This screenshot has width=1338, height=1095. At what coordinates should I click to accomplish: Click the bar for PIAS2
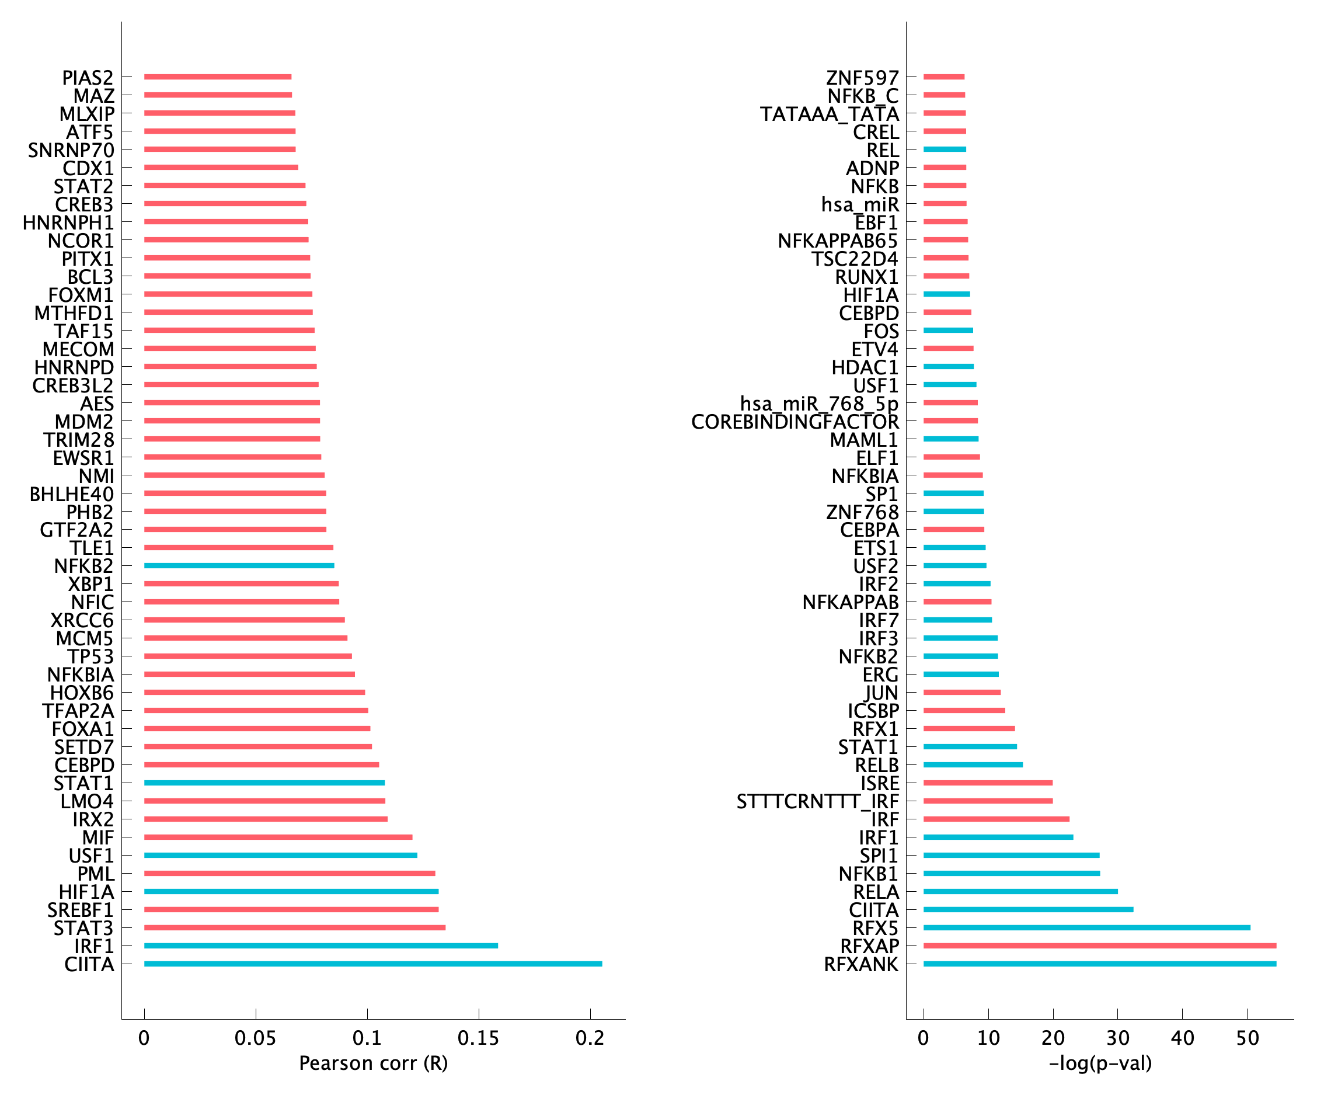[x=218, y=77]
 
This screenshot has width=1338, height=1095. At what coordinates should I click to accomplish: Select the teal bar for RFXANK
[x=1100, y=964]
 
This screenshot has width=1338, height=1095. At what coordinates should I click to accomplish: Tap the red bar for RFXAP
[x=1100, y=945]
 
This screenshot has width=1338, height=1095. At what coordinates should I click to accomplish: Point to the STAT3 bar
[x=294, y=928]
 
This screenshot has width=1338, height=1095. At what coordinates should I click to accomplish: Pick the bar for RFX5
[x=1086, y=928]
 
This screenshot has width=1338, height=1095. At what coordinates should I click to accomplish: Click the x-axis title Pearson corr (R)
[x=373, y=1063]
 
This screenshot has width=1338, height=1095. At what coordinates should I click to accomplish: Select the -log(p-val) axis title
[x=1100, y=1063]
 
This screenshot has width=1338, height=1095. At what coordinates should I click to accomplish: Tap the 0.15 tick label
[x=478, y=1038]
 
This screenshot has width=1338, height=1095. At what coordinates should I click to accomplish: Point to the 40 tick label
[x=1182, y=1038]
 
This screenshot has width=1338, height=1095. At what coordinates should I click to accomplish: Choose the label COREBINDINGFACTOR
[x=795, y=421]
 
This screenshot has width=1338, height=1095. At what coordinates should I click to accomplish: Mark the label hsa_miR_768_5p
[x=819, y=403]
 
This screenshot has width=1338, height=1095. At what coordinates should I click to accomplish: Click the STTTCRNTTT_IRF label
[x=817, y=802]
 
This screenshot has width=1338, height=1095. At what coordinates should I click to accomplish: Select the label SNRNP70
[x=71, y=150]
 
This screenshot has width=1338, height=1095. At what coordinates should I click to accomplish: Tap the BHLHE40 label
[x=72, y=494]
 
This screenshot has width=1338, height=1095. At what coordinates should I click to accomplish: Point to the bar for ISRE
[x=987, y=783]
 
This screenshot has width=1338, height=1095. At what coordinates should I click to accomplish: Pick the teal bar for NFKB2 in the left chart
[x=239, y=566]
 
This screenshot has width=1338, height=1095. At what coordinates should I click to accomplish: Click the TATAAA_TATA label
[x=829, y=114]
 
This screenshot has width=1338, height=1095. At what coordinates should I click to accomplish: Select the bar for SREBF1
[x=291, y=909]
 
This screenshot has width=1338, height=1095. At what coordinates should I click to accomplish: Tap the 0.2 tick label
[x=590, y=1038]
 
